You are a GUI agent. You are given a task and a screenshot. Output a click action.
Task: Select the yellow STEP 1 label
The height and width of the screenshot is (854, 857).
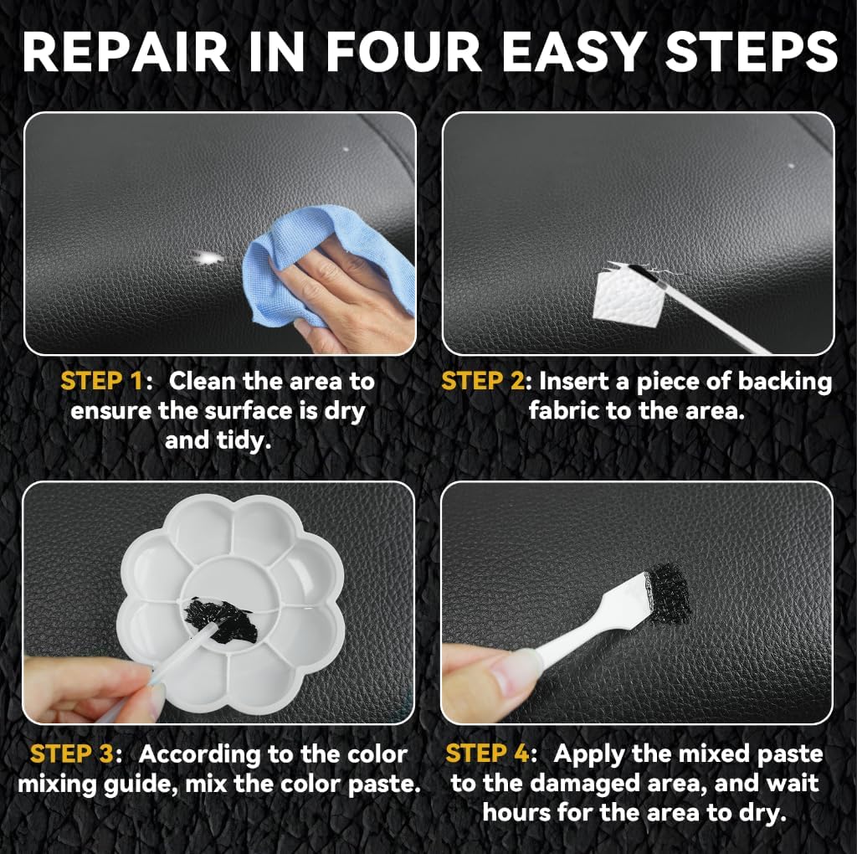(x=101, y=382)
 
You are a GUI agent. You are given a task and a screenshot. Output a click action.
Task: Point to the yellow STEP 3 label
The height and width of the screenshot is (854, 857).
(x=71, y=754)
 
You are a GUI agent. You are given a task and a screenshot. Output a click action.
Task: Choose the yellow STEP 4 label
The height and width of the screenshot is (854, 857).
(x=486, y=754)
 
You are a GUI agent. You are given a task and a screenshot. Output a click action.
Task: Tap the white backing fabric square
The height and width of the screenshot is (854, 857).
(x=624, y=293)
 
